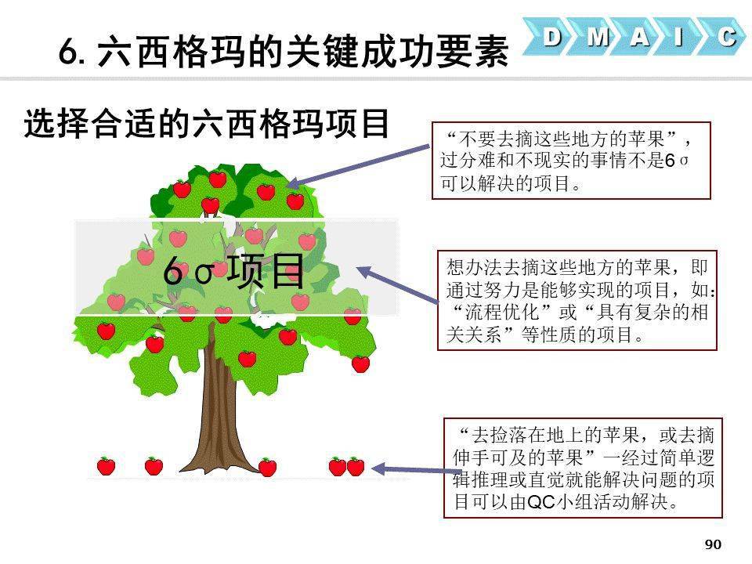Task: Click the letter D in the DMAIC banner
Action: click(x=552, y=37)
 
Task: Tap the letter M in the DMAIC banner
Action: click(x=598, y=37)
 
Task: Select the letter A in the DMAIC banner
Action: click(x=640, y=37)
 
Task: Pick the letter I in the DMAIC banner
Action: click(x=678, y=37)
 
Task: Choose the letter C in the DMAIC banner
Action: click(x=727, y=37)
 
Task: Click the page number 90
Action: click(x=713, y=544)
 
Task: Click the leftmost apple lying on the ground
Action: click(x=106, y=465)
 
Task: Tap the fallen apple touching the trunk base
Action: click(x=267, y=467)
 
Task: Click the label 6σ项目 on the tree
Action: click(x=233, y=271)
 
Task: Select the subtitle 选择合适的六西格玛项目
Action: click(x=207, y=124)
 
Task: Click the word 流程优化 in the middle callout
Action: click(x=502, y=313)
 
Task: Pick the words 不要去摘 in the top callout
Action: click(x=497, y=139)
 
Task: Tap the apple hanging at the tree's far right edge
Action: click(x=360, y=364)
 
